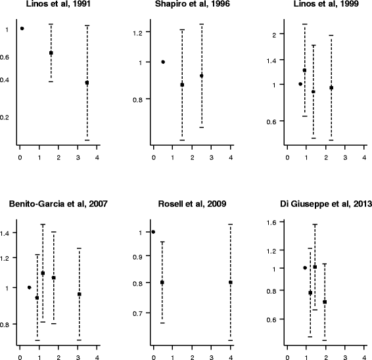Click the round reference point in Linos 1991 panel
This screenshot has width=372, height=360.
[22, 29]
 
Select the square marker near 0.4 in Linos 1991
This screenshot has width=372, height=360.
[87, 83]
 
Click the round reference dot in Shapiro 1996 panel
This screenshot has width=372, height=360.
[163, 62]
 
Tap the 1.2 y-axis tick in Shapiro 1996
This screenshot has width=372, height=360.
[137, 32]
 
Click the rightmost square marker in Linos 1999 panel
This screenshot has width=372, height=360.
[331, 88]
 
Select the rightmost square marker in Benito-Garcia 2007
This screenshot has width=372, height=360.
[80, 294]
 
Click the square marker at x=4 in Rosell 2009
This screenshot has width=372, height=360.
[231, 282]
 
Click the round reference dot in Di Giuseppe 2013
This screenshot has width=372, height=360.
[305, 268]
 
